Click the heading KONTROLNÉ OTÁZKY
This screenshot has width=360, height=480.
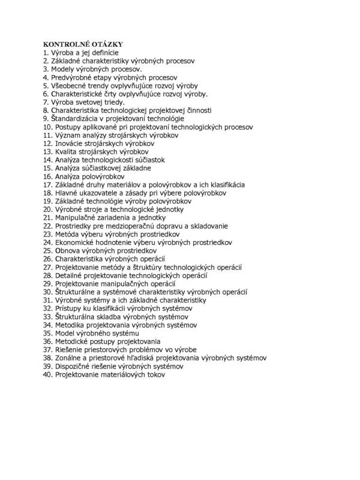point(83,45)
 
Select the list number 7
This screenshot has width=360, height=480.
point(46,103)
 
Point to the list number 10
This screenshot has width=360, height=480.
point(47,127)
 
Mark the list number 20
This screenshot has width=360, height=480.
point(47,209)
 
